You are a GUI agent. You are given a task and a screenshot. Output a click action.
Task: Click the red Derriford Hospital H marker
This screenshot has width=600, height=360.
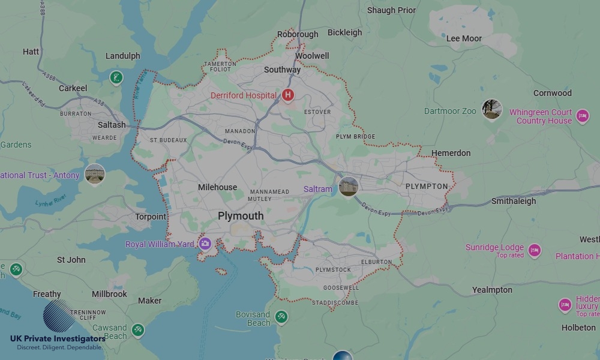click(x=288, y=95)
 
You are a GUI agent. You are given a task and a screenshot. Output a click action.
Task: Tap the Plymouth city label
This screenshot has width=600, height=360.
click(x=241, y=216)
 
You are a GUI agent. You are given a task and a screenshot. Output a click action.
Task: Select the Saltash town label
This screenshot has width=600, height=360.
click(x=112, y=125)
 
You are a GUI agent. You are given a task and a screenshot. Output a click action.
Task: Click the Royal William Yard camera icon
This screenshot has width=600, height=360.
click(x=205, y=244)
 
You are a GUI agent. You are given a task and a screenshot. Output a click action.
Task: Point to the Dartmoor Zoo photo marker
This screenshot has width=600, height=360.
click(x=492, y=109)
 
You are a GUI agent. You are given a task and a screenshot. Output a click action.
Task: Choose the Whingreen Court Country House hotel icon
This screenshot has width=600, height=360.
click(x=582, y=116)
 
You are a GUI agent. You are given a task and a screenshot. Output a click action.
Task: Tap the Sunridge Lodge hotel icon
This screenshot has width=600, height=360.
click(x=535, y=250)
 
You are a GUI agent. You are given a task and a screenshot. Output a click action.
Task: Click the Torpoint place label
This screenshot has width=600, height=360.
click(x=151, y=217)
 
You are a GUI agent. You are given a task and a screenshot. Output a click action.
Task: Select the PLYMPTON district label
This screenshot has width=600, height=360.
click(x=427, y=187)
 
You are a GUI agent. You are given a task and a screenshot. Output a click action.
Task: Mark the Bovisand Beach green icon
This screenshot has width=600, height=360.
click(x=281, y=316)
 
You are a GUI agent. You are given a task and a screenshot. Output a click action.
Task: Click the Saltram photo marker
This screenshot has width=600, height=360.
click(x=348, y=186)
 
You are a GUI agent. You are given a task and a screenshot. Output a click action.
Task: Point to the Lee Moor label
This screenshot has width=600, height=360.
click(x=464, y=38)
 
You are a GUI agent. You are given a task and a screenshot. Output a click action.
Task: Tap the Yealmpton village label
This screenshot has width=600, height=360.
click(x=492, y=290)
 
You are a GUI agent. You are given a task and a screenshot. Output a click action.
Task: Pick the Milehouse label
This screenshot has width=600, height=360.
click(x=217, y=187)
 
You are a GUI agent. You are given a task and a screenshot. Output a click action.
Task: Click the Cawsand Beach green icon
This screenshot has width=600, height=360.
click(x=138, y=329)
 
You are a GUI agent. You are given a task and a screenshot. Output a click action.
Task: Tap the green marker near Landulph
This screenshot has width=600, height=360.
click(x=116, y=77)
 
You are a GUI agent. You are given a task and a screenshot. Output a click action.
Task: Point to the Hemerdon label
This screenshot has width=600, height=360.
click(x=451, y=153)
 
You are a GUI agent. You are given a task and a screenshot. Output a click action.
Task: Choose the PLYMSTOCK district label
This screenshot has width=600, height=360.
click(x=333, y=270)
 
